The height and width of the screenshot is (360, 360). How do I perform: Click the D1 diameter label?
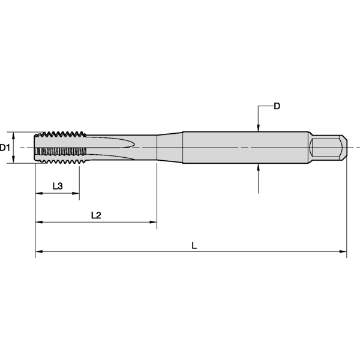[x=5, y=147]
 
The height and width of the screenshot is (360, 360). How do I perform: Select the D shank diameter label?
[x=277, y=106]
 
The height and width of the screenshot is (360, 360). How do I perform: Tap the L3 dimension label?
[x=58, y=186]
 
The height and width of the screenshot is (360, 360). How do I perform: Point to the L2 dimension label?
[x=95, y=215]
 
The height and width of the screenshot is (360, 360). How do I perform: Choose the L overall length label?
[x=194, y=245]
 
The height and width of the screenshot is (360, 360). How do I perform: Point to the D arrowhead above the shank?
[x=258, y=127]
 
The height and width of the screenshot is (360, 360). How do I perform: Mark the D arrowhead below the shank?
[x=258, y=167]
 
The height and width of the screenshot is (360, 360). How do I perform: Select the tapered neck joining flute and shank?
[x=170, y=147]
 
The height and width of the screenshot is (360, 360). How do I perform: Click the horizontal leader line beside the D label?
[x=265, y=107]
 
